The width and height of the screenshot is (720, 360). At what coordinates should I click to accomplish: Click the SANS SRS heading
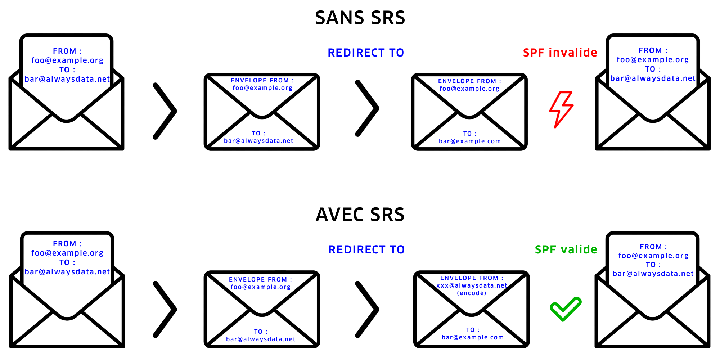360,18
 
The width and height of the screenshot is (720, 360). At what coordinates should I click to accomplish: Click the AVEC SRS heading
360,215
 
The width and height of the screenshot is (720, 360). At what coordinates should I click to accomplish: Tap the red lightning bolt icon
561,109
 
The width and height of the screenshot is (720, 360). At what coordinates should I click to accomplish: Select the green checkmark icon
566,309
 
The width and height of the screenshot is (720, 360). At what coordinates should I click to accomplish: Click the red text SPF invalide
560,53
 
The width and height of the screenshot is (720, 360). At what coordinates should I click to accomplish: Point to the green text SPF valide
566,249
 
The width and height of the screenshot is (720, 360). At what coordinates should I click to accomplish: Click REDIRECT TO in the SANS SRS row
366,53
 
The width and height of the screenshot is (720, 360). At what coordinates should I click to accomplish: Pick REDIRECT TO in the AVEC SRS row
366,249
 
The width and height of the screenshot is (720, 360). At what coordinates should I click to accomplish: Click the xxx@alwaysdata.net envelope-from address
472,285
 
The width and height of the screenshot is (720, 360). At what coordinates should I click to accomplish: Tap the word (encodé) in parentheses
472,293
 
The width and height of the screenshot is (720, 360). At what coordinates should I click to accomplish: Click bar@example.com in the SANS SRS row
470,141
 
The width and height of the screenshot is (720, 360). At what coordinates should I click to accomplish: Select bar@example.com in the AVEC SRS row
473,337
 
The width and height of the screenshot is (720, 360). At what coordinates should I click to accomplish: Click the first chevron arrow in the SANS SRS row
165,111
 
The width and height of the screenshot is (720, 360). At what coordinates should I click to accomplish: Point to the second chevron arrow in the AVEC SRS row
367,309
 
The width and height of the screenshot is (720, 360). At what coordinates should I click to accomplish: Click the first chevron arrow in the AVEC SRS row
165,309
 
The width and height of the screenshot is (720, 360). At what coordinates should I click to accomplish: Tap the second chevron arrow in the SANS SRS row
367,108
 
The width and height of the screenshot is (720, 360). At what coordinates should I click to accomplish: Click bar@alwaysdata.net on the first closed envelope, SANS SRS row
258,141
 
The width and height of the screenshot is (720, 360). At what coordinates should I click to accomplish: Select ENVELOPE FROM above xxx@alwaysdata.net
472,278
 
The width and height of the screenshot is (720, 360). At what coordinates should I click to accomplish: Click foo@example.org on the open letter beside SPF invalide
653,60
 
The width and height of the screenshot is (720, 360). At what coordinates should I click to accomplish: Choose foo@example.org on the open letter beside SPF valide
653,256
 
